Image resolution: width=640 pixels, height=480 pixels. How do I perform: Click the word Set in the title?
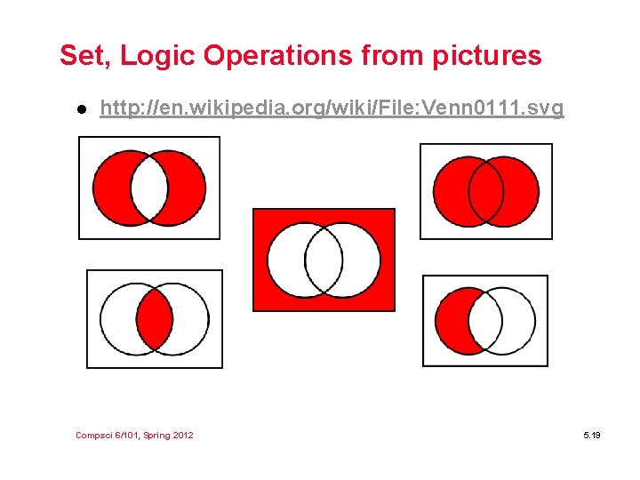[83, 56]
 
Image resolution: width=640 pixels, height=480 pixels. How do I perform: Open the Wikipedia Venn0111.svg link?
[332, 108]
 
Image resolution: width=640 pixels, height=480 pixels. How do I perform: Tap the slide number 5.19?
[592, 435]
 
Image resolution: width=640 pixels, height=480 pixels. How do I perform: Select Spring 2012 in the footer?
[168, 435]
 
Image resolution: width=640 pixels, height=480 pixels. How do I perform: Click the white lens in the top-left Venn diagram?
[149, 188]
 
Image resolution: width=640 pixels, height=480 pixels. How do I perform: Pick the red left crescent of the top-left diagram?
[111, 188]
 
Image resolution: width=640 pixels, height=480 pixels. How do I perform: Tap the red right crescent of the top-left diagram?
[188, 188]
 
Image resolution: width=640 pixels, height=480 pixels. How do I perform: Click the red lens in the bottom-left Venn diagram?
[155, 318]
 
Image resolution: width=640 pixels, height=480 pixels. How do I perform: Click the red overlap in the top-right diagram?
[485, 191]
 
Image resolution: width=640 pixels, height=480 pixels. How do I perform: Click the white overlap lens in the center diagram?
[324, 260]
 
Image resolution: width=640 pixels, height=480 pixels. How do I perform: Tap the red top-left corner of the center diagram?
[263, 218]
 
